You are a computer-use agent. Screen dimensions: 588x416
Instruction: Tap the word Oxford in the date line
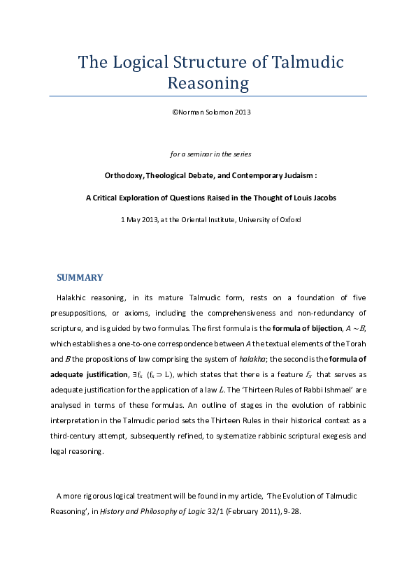(x=287, y=220)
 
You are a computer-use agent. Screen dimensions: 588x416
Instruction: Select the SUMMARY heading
(x=80, y=277)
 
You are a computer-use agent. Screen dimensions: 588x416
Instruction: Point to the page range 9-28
(x=289, y=510)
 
